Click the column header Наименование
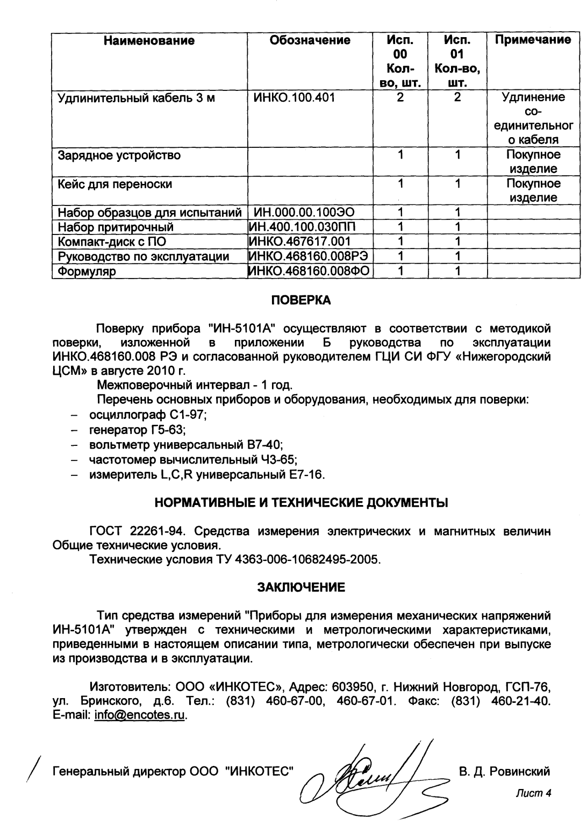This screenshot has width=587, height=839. (x=149, y=40)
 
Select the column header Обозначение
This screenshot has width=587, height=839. (x=310, y=40)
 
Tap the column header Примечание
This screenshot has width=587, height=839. (x=533, y=40)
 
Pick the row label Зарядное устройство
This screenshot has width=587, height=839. (x=119, y=156)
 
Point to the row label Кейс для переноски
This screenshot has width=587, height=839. (x=115, y=184)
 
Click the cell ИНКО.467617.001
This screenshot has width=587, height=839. (x=304, y=241)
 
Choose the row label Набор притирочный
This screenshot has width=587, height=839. (x=116, y=227)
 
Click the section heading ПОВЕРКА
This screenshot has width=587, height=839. (x=301, y=301)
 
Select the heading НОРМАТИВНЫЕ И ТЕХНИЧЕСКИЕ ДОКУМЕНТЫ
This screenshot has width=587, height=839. (x=301, y=503)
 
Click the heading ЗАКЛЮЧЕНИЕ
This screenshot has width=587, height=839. (x=301, y=587)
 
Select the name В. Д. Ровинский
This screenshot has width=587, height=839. (x=505, y=772)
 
